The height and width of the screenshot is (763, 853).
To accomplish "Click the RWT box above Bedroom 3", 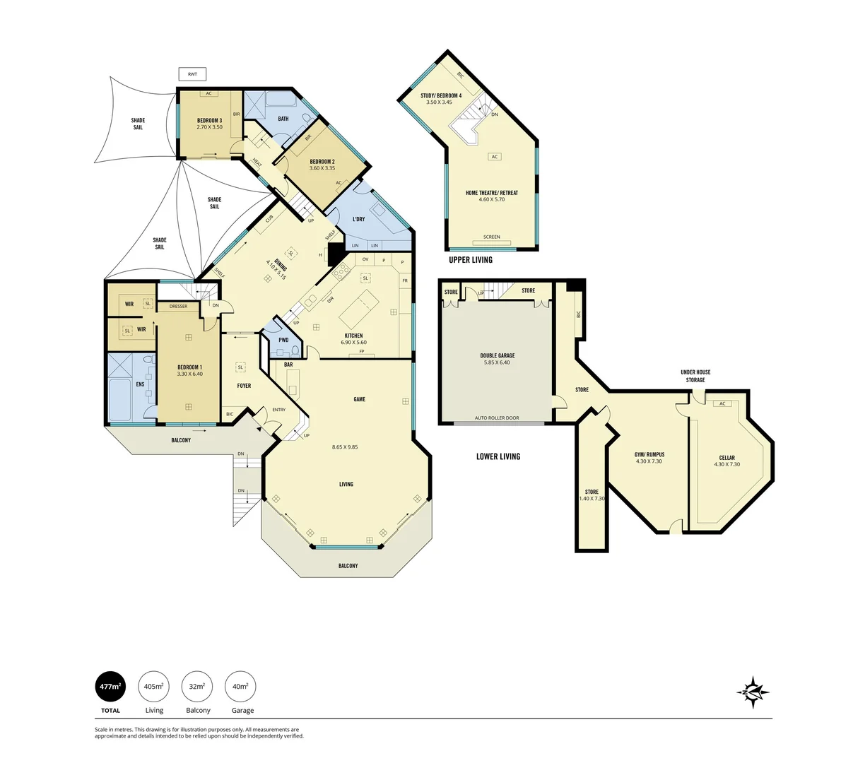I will tap(192, 75).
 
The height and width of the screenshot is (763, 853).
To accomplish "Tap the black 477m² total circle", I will tap(110, 686).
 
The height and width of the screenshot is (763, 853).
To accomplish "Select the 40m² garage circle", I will tap(240, 686).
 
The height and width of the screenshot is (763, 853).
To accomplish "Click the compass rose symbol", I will tap(753, 691).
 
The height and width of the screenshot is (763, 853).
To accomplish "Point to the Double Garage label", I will tap(497, 355).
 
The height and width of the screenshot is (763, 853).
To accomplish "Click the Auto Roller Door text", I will tap(497, 418).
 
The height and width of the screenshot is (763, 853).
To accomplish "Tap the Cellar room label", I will tap(726, 458).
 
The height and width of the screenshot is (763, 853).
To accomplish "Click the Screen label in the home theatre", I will tap(491, 237).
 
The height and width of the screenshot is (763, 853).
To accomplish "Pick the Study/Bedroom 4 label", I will tap(440, 95).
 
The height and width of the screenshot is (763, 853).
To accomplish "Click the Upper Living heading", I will tap(471, 260).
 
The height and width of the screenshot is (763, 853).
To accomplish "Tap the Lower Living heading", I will tap(498, 456).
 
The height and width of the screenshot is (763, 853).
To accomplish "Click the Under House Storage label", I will tap(695, 376).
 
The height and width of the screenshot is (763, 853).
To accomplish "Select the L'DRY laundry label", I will tap(358, 219).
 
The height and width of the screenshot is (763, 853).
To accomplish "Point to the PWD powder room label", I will tap(283, 340).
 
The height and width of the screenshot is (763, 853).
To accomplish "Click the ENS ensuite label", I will tap(140, 384).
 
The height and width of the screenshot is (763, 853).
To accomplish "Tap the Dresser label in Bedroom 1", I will tap(178, 306).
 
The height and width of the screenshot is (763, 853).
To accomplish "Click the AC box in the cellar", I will tap(722, 404).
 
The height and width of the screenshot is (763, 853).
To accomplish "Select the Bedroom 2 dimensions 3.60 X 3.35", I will tap(322, 169).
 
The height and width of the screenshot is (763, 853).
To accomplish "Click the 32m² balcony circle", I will tap(197, 686).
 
